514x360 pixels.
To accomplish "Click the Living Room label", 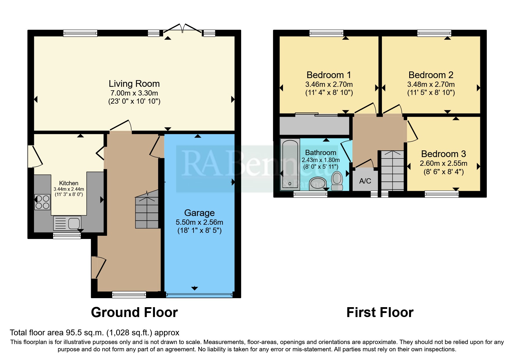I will point(134,84).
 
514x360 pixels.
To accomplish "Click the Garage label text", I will point(199,213).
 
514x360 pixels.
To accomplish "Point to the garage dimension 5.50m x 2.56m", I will point(199,222).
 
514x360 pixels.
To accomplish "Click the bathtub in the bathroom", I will point(290,164).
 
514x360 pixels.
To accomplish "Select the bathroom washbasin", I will point(318,183).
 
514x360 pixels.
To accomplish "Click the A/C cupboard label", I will point(365,181).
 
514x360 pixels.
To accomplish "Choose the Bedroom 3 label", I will point(443,154).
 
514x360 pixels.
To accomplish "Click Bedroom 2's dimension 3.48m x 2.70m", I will point(431,84).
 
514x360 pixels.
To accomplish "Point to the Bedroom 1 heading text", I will point(329,75).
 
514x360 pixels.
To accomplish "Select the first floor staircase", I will point(392,170).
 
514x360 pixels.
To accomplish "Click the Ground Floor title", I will point(134,313).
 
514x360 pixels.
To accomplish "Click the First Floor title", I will point(380,313).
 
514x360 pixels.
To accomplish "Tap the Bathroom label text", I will point(320,153).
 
